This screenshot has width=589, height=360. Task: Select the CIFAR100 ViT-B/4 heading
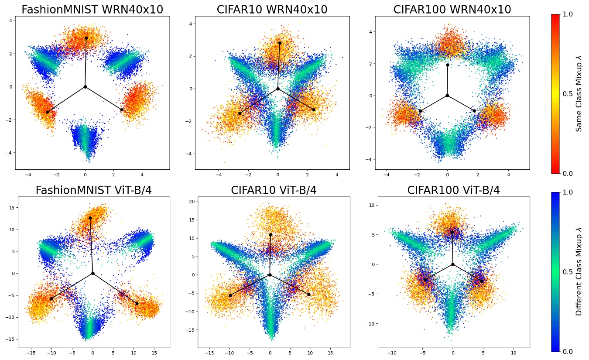click(453, 190)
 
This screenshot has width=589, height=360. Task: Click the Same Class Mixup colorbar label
click(579, 94)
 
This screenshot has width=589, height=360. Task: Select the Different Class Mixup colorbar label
click(579, 271)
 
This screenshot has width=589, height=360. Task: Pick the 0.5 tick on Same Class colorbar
click(568, 94)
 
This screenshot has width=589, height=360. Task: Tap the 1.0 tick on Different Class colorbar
click(568, 192)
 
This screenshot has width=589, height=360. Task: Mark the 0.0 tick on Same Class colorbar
click(568, 173)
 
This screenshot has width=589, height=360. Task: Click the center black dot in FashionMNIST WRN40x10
click(85, 87)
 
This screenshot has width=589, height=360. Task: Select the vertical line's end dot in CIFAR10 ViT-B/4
click(271, 235)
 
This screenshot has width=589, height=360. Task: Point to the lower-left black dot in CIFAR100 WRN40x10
click(420, 111)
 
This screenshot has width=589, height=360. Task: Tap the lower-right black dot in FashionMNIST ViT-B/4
click(137, 303)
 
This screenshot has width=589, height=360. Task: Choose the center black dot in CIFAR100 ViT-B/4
click(453, 264)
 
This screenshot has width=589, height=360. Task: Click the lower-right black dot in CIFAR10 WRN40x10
click(314, 110)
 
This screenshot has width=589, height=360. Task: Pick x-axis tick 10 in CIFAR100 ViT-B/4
click(514, 352)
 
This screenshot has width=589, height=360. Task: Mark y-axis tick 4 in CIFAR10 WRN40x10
click(185, 24)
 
